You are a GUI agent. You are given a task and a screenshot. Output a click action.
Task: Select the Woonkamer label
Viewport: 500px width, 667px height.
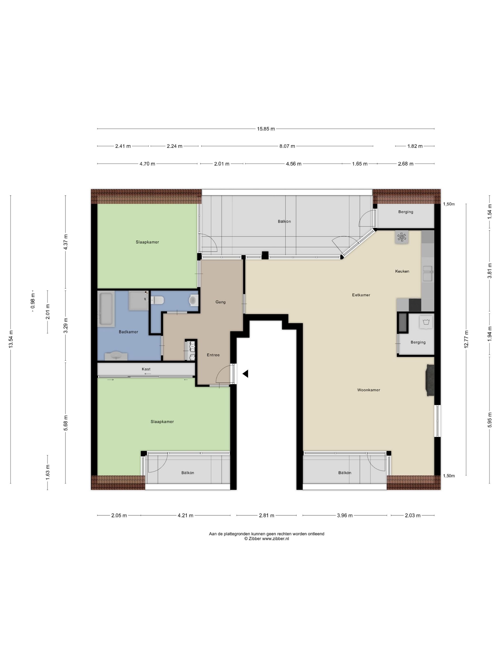[369, 390]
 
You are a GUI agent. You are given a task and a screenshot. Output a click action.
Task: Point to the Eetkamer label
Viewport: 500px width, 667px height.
[361, 295]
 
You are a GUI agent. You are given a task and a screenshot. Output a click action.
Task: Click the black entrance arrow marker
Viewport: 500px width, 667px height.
[245, 374]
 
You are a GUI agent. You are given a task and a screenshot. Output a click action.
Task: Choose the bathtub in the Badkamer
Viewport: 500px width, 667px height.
[106, 309]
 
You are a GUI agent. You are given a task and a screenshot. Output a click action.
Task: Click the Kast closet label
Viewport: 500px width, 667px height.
[146, 369]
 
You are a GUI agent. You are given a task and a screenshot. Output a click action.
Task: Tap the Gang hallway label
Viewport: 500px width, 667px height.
[220, 302]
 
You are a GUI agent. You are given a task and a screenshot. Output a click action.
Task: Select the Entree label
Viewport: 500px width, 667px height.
[213, 355]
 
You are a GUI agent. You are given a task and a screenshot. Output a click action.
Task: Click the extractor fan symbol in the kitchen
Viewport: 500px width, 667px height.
[402, 237]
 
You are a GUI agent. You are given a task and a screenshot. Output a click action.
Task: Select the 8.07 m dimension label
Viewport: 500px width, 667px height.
[287, 146]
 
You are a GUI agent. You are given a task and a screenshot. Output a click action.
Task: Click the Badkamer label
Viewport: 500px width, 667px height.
[128, 332]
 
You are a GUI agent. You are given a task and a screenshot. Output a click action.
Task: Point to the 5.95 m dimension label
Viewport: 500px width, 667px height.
[490, 420]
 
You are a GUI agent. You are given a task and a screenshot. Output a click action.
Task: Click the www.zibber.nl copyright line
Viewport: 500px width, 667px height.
[266, 539]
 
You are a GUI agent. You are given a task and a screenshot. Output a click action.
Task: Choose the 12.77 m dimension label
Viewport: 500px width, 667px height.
[466, 339]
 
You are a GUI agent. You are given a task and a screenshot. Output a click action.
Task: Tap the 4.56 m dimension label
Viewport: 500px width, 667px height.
[294, 164]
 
